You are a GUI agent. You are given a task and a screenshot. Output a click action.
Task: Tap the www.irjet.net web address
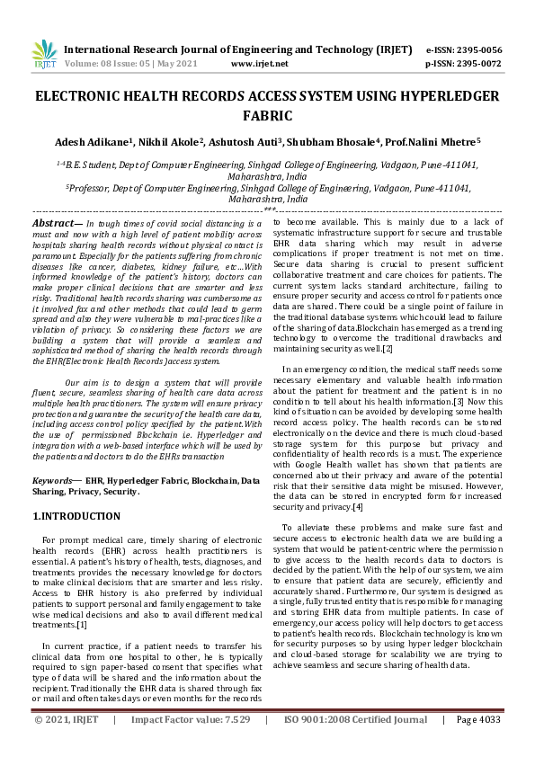coord(260,64)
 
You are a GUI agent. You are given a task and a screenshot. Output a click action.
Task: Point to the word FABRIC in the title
coord(267,115)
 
